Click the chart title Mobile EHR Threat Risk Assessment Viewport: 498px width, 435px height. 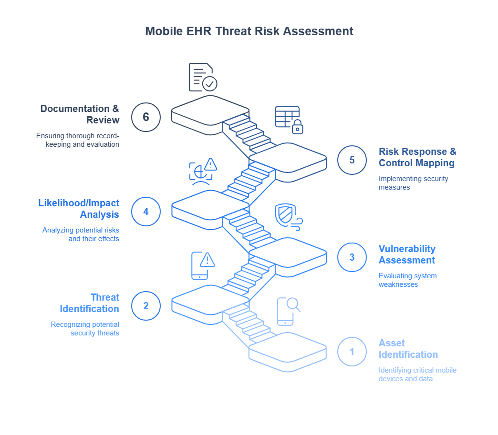[249, 31]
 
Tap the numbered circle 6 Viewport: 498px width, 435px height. [145, 116]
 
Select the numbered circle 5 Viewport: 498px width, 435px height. [352, 160]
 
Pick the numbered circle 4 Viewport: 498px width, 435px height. [145, 210]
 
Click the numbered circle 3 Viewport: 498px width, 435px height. [352, 257]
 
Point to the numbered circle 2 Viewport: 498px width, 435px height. [145, 305]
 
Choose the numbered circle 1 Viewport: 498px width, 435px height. [352, 352]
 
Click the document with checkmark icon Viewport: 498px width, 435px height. [202, 77]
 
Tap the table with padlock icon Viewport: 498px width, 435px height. [289, 119]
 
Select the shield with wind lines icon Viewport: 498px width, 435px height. [288, 217]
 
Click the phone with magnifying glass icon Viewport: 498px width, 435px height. [288, 311]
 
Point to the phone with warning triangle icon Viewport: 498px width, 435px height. [202, 265]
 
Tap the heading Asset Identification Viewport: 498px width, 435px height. [408, 349]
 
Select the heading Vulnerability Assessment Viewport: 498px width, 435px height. [407, 254]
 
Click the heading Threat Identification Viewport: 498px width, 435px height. [90, 303]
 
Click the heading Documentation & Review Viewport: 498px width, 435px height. [80, 114]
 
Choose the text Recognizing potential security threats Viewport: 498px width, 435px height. [85, 329]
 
